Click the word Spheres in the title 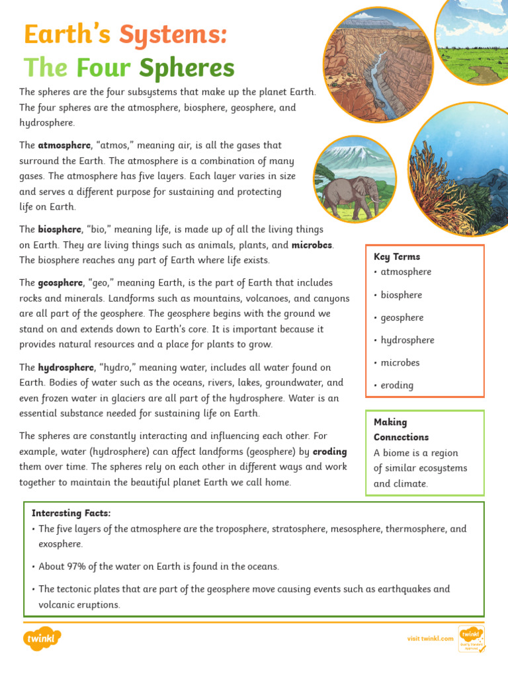(187, 67)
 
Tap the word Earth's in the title (63, 34)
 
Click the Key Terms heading (397, 257)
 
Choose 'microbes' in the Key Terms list (400, 362)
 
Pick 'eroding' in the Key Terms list (398, 385)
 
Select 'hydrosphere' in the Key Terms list (407, 340)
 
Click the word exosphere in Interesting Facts (61, 544)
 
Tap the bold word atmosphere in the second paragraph (64, 145)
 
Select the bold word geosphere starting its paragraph (60, 282)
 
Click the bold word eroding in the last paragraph (329, 452)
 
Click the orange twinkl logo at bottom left (42, 639)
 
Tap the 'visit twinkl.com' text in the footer (430, 638)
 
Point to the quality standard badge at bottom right (471, 639)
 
